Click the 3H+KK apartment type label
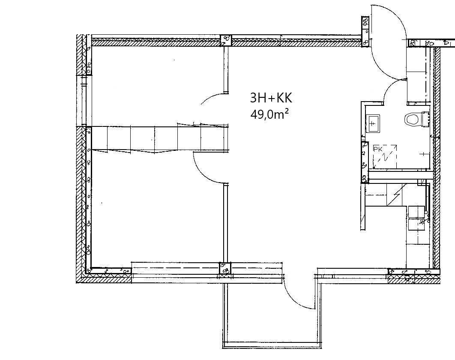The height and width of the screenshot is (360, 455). click(x=271, y=98)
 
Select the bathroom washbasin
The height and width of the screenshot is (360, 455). click(x=373, y=123)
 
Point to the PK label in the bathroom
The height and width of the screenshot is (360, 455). click(x=377, y=149)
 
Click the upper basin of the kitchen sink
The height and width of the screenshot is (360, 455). click(x=416, y=211)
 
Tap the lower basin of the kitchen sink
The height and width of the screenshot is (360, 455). click(x=416, y=224)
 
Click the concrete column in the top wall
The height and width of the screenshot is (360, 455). click(x=226, y=40)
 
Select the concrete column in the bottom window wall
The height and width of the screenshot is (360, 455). click(x=225, y=268)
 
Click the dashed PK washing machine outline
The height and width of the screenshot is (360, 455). click(x=385, y=157)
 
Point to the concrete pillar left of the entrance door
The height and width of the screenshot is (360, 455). click(x=365, y=31)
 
